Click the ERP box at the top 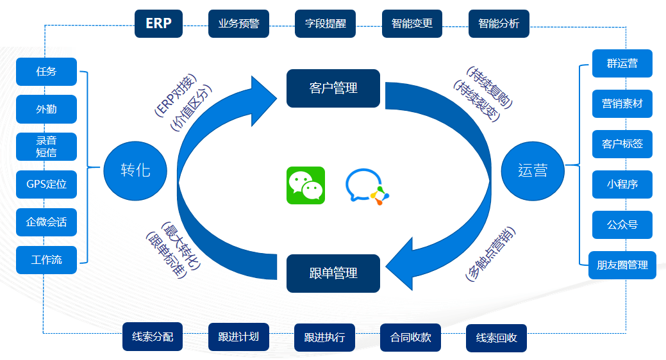(158, 24)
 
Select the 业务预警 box (239, 24)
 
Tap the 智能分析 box (499, 24)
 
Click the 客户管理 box (333, 88)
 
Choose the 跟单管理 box (333, 273)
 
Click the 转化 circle (135, 171)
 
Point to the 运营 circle (533, 171)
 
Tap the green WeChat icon (306, 185)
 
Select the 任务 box (46, 72)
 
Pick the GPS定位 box (46, 184)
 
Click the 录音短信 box (46, 147)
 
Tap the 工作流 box (46, 260)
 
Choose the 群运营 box (622, 63)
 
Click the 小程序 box (622, 184)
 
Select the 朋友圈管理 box (622, 265)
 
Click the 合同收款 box (411, 338)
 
